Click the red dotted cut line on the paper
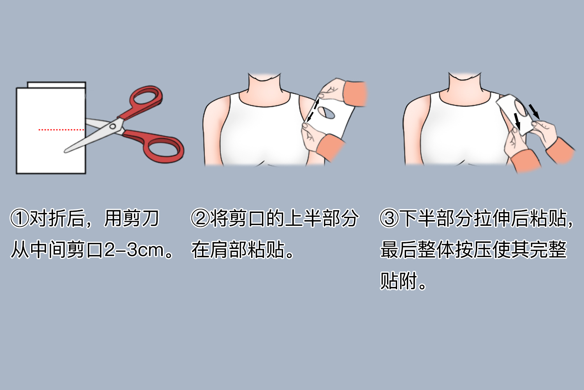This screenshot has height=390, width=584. [x=61, y=129]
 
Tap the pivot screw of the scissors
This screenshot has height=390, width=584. [x=113, y=127]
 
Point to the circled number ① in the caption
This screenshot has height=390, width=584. [x=19, y=218]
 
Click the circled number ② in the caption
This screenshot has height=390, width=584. [x=200, y=218]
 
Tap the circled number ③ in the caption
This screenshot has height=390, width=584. [x=389, y=218]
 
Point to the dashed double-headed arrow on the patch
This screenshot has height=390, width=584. [x=313, y=110]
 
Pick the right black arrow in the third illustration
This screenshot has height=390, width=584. [x=534, y=111]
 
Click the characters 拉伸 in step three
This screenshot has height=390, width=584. [x=492, y=218]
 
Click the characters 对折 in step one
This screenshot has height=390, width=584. [x=48, y=218]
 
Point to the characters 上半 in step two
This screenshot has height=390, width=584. [x=304, y=218]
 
